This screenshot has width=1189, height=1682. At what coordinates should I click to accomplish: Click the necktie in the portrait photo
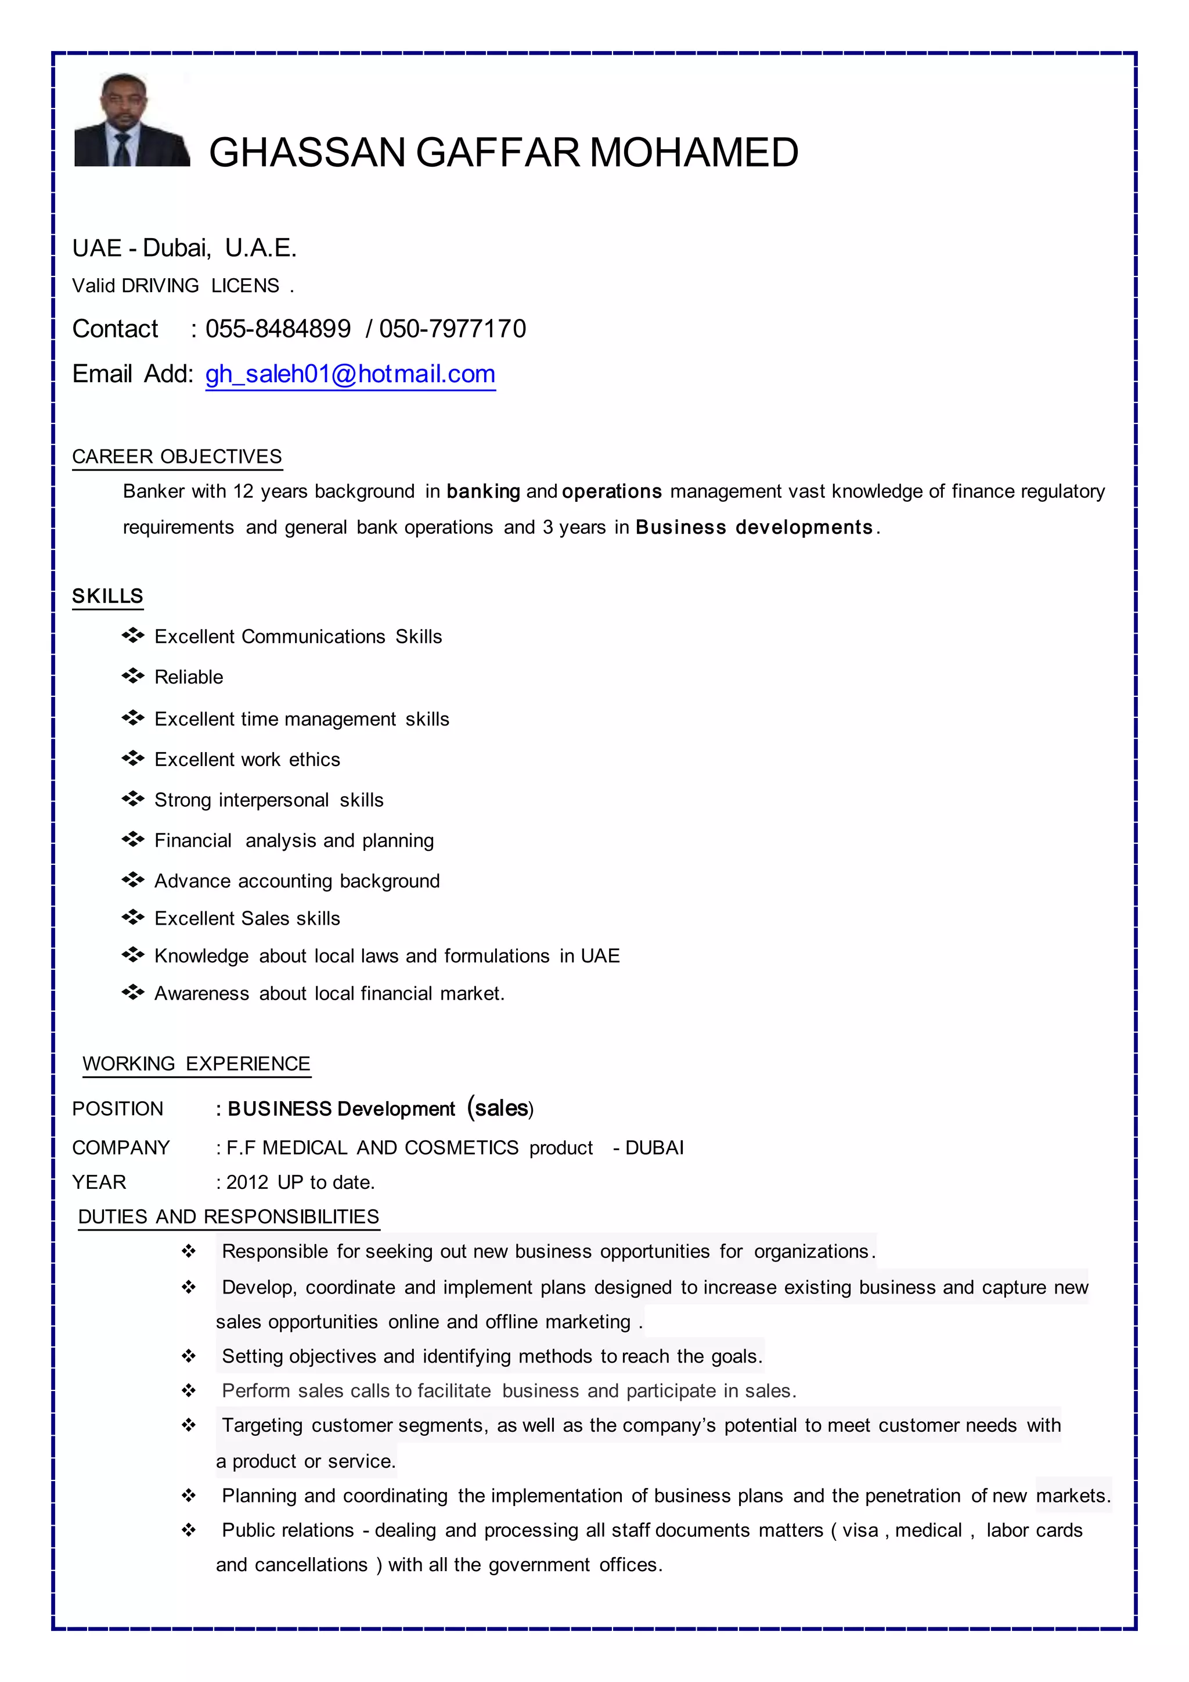(x=122, y=149)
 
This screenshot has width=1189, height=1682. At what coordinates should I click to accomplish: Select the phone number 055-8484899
(x=278, y=329)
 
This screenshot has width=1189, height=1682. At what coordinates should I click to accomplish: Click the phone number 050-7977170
(x=452, y=329)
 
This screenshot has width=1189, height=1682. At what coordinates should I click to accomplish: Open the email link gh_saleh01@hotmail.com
(x=350, y=375)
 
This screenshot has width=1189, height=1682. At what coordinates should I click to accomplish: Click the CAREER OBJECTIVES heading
(x=176, y=457)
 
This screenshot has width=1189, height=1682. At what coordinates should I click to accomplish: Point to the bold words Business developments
(x=754, y=527)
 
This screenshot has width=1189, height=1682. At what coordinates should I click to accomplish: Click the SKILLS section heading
(x=107, y=596)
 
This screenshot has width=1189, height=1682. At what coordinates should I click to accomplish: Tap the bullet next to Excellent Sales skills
(x=132, y=917)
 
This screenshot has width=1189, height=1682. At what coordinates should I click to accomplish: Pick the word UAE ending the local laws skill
(x=600, y=956)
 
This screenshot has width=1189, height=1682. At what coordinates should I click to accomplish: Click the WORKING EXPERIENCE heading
(x=196, y=1063)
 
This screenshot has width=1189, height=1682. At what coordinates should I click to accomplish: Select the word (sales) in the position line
(x=501, y=1108)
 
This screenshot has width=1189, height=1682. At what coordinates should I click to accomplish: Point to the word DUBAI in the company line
(x=654, y=1148)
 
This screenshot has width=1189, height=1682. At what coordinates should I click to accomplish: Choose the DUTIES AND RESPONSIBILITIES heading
(x=228, y=1217)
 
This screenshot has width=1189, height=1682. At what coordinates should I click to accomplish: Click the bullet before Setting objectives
(x=189, y=1357)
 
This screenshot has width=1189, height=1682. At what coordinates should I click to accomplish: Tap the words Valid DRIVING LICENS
(x=176, y=286)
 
